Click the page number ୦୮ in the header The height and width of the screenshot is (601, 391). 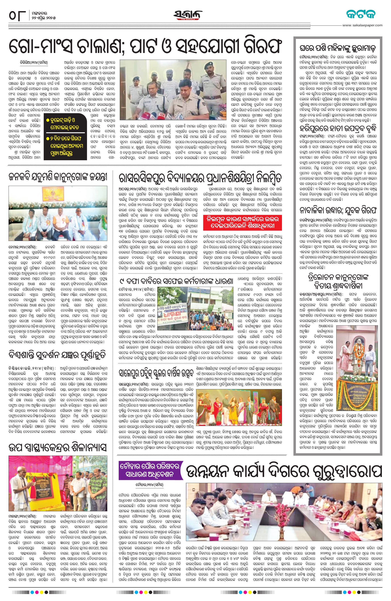coord(17,16)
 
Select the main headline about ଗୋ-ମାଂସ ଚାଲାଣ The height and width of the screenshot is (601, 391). coord(145,46)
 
